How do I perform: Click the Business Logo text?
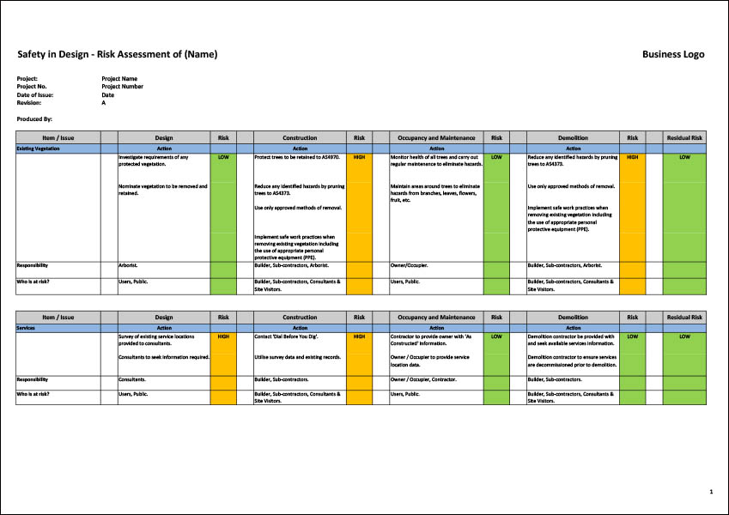673,55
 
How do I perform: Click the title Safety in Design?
118,55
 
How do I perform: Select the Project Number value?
122,87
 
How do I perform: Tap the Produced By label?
34,118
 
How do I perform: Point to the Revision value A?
104,102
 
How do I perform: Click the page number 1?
711,492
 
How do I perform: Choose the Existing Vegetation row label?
38,148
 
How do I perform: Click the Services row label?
27,327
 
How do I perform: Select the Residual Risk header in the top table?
684,137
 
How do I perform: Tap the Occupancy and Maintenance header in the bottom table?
436,317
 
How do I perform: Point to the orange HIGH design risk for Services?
223,336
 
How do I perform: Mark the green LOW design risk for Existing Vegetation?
223,158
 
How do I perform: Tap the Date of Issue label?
34,94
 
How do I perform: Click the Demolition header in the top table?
573,137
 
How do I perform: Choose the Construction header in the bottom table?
300,317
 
